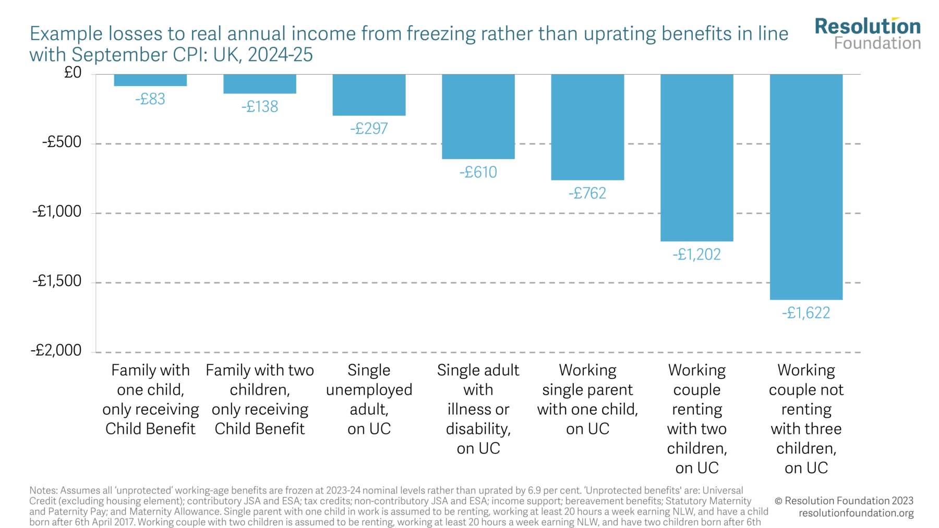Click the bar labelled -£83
click(150, 80)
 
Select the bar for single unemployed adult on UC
click(369, 95)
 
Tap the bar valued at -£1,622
click(806, 187)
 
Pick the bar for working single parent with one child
click(587, 127)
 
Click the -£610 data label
click(478, 172)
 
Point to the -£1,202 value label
click(696, 254)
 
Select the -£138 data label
click(260, 107)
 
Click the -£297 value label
click(369, 128)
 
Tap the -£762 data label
click(587, 193)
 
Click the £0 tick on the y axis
click(73, 72)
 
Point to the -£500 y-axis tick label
click(62, 142)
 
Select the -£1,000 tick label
click(57, 211)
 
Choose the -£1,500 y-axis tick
click(57, 281)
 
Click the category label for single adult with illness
click(478, 409)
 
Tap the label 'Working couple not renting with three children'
click(806, 419)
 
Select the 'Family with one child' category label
click(150, 399)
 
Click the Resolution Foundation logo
click(868, 33)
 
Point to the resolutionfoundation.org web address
click(856, 513)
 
